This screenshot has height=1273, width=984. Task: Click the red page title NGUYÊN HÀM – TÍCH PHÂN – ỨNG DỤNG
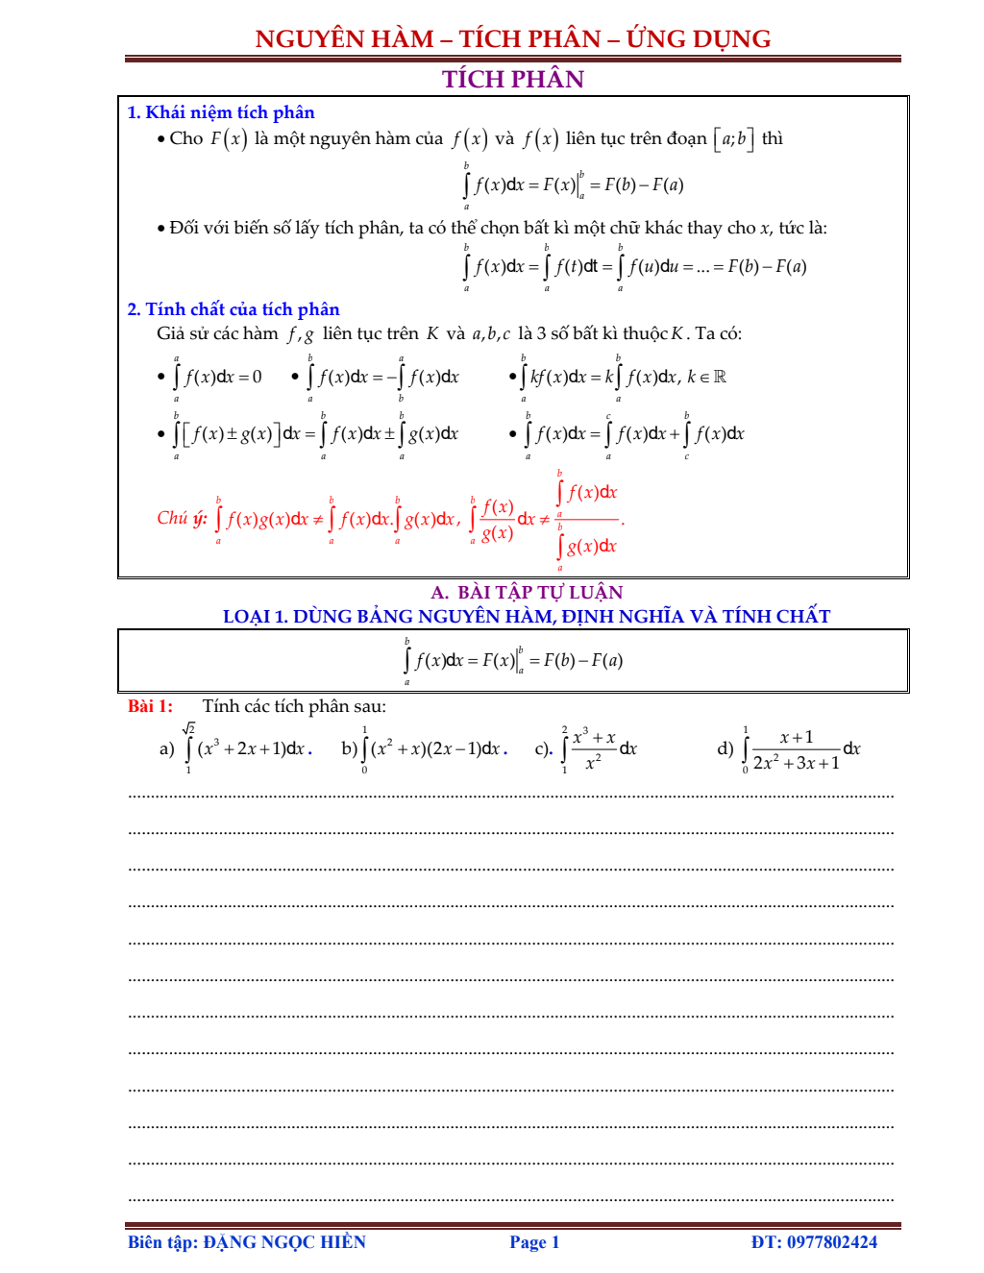pos(512,38)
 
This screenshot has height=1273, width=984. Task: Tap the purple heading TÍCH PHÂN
pos(512,79)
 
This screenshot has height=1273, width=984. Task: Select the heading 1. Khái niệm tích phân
pos(220,112)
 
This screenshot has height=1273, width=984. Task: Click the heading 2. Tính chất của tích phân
pos(233,308)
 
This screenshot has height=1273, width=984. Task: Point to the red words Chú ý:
pos(182,519)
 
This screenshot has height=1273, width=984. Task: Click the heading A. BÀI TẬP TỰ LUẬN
pos(527,592)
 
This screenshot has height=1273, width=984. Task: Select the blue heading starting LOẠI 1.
pos(526,616)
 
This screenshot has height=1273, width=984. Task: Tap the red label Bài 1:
pos(150,706)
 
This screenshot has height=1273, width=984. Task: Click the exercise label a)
pos(166,749)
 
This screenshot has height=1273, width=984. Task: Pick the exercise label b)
pos(349,748)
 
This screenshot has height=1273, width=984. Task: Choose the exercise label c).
pos(543,749)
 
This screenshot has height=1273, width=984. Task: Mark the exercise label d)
pos(726,748)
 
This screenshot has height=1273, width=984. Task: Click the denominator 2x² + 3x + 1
pos(796,763)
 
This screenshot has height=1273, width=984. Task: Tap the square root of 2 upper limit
pos(188,728)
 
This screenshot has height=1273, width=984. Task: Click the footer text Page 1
pos(534,1242)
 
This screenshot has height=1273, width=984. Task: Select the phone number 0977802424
pos(832,1242)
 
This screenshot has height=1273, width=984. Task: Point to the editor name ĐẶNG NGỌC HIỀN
pos(284,1242)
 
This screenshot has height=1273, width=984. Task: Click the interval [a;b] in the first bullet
pos(733,139)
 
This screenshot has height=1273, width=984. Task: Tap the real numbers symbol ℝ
pos(720,377)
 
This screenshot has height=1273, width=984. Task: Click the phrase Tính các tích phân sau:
pos(294,706)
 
